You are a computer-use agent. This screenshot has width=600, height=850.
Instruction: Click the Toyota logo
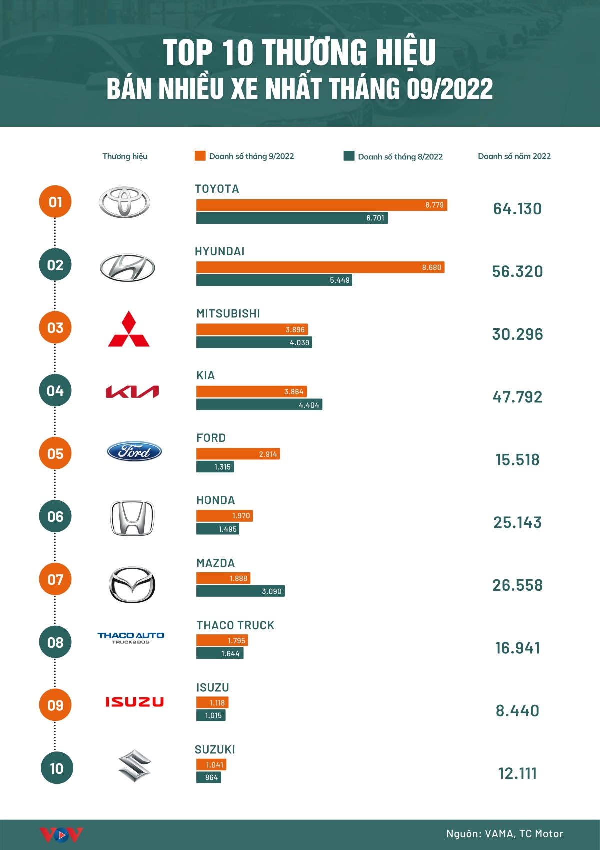[124, 202]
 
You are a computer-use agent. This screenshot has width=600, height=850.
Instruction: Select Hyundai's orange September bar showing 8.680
[320, 267]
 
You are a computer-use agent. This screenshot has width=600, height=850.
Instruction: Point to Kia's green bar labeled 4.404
[259, 405]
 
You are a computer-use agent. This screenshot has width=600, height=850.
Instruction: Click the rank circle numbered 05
[55, 454]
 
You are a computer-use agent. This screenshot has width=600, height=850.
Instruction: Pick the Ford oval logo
[134, 452]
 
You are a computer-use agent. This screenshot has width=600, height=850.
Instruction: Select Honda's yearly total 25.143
[517, 523]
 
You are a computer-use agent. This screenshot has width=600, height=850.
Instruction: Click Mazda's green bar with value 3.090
[240, 591]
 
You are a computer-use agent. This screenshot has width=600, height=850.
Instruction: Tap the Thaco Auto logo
[131, 637]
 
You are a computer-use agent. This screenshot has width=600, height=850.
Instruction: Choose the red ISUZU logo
[134, 702]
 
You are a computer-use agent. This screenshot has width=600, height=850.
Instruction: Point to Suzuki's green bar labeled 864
[208, 778]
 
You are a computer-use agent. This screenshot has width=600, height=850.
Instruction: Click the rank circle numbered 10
[56, 768]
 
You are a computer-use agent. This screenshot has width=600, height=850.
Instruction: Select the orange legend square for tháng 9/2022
[200, 156]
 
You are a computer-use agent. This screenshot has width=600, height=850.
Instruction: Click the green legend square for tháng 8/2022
[349, 156]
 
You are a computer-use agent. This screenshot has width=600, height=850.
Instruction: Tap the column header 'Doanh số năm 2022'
[514, 156]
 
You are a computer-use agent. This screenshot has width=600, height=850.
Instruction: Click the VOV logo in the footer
[61, 835]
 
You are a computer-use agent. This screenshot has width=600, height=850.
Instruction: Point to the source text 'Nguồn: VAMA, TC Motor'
[505, 834]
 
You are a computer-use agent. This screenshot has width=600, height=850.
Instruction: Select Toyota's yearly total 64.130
[517, 209]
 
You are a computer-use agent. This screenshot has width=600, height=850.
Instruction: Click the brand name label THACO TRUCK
[235, 625]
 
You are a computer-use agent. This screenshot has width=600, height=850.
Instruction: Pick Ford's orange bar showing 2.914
[238, 454]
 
